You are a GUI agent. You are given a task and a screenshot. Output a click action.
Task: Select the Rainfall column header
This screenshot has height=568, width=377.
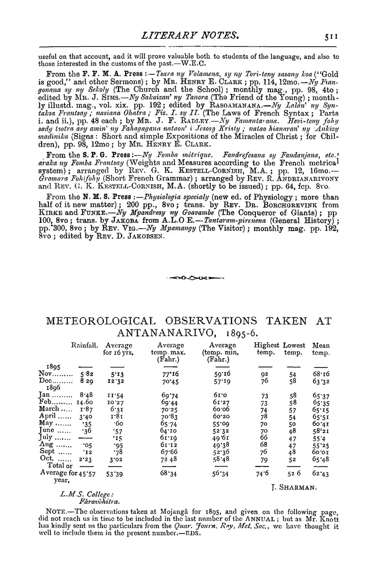(85, 345)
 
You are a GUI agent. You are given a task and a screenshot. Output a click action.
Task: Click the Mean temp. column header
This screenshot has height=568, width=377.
(322, 349)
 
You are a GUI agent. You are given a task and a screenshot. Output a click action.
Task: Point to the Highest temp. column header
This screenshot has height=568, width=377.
(267, 349)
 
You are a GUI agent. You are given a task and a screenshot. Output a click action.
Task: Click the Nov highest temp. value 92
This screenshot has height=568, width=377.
(265, 375)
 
